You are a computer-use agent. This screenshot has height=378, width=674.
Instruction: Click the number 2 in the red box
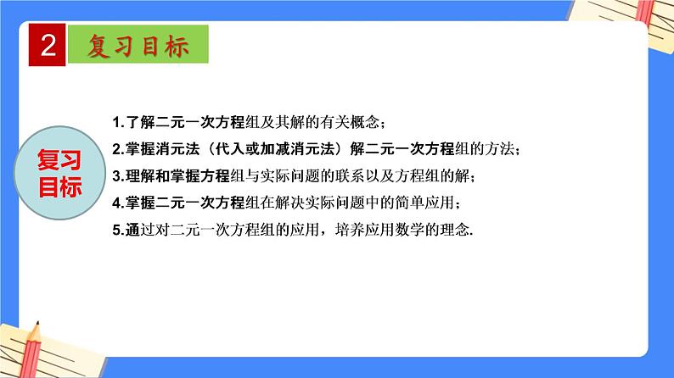tap(48, 45)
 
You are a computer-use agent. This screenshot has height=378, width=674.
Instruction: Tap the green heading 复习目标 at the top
tap(138, 47)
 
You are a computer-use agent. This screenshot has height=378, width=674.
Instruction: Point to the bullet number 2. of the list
tap(118, 148)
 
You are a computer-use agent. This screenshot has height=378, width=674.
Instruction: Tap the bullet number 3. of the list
tap(118, 176)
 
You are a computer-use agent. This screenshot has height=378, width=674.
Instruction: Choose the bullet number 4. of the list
tap(118, 204)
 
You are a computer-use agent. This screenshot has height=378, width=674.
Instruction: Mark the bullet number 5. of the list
tap(118, 231)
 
